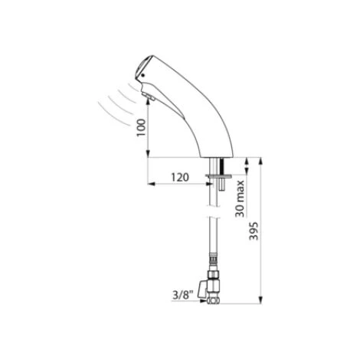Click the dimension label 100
(x=142, y=127)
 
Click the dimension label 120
(x=180, y=177)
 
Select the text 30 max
(x=240, y=199)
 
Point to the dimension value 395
(x=254, y=231)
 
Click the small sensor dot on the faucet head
(x=142, y=76)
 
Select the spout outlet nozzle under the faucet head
(x=147, y=97)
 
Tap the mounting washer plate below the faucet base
(x=218, y=175)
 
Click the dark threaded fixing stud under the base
(x=221, y=165)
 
